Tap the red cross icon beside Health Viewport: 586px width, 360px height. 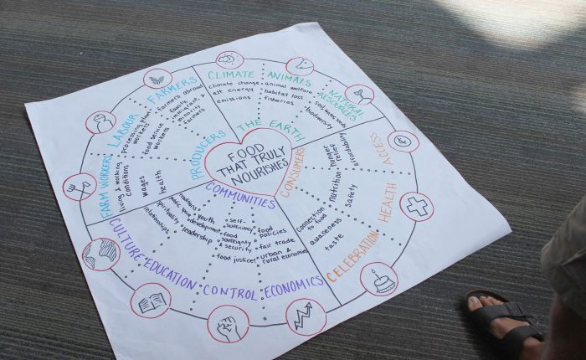417,206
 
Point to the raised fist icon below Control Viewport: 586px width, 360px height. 228,323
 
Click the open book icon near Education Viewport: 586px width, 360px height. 151,301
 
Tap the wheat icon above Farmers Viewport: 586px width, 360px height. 157,80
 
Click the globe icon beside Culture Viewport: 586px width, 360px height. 100,254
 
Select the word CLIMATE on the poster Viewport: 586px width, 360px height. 230,75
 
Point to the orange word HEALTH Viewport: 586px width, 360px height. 387,202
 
